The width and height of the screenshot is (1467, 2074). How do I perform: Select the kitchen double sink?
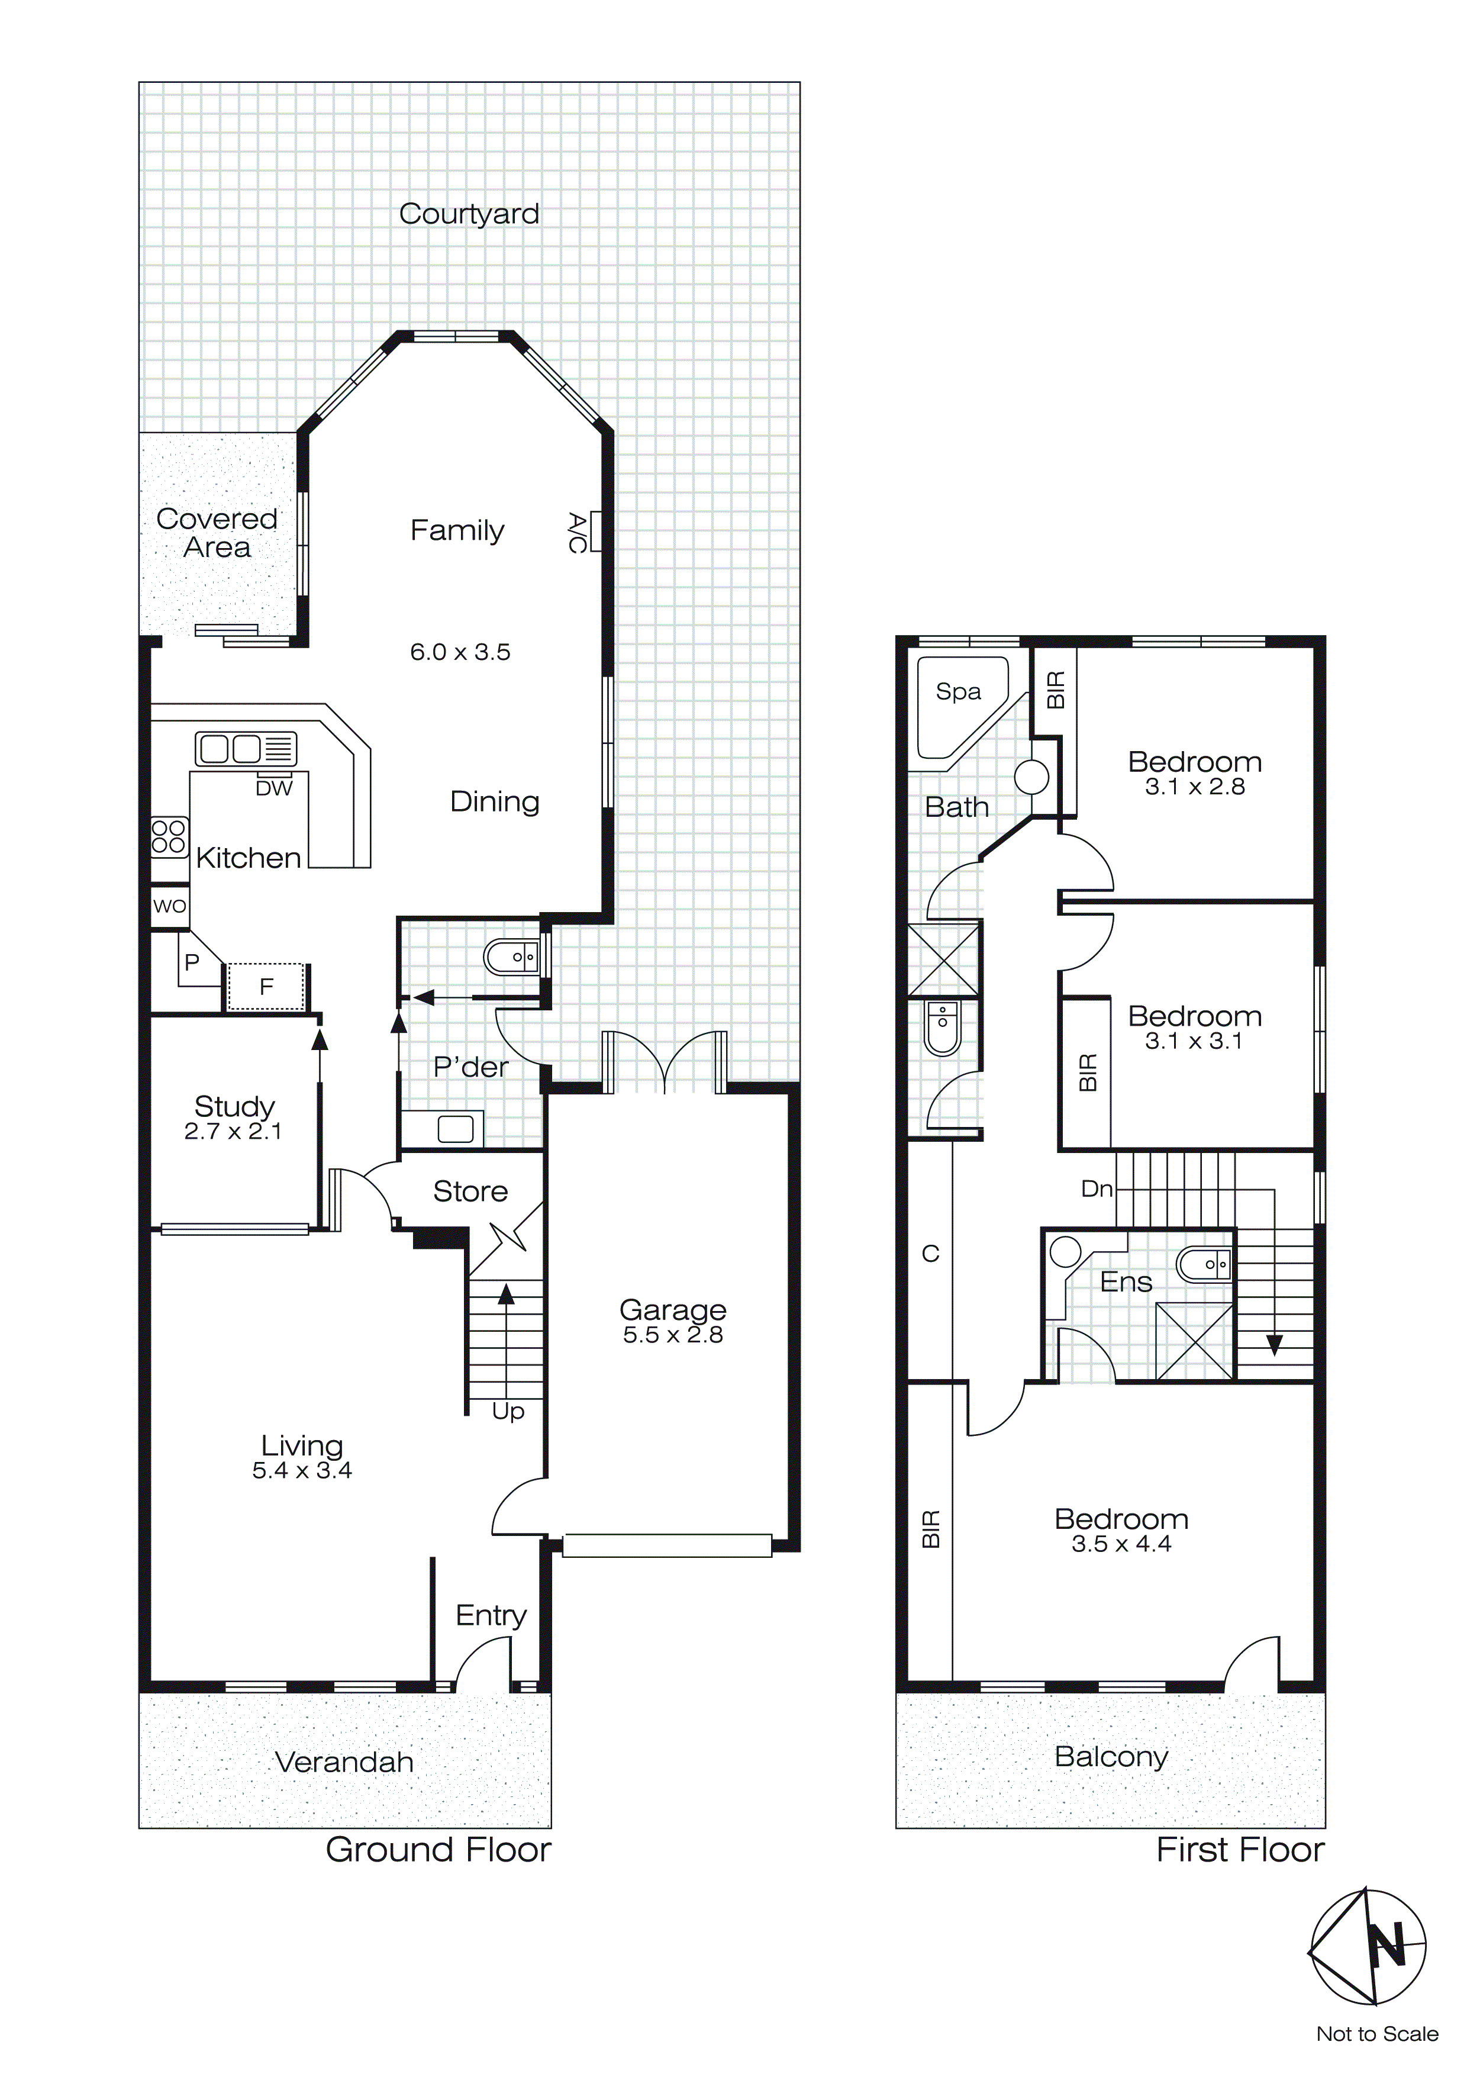[246, 749]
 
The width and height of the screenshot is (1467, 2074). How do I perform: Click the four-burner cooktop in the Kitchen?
[169, 836]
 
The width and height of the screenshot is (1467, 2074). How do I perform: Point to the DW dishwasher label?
[274, 788]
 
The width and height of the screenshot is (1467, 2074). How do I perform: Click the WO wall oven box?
[170, 906]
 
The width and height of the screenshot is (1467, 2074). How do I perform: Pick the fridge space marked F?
[266, 987]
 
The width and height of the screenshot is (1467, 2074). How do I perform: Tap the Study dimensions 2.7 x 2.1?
[233, 1131]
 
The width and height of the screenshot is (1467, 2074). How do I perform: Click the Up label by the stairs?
[508, 1411]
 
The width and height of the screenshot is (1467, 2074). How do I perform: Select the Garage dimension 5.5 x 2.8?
[673, 1335]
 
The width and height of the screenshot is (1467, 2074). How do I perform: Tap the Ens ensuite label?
[1127, 1282]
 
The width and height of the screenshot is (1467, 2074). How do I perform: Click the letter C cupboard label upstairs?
[930, 1254]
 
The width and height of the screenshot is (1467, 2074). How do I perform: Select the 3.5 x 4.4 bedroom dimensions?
[1121, 1544]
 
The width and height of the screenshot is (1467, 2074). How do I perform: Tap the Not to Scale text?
[1376, 2033]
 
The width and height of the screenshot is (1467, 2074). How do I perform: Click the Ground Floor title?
[438, 1850]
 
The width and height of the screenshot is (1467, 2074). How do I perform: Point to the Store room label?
[470, 1191]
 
